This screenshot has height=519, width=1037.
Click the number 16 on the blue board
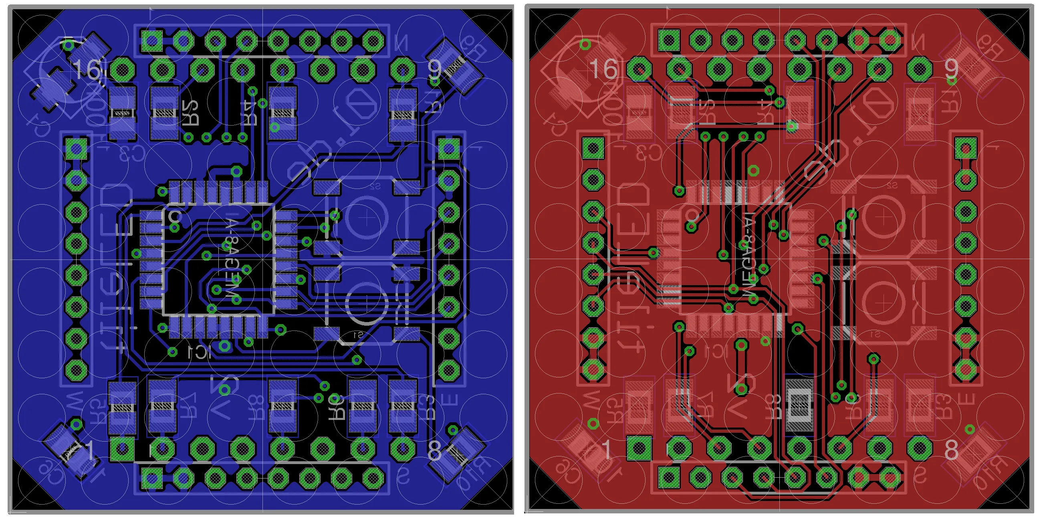click(87, 69)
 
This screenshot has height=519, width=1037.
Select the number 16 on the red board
click(603, 69)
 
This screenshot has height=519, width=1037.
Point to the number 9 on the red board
click(951, 69)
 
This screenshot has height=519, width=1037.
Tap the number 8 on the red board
click(951, 450)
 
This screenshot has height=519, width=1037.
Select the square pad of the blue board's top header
click(152, 41)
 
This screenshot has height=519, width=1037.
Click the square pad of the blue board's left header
click(76, 149)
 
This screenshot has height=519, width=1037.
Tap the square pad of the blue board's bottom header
click(152, 478)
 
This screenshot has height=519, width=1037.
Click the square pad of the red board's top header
click(669, 41)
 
